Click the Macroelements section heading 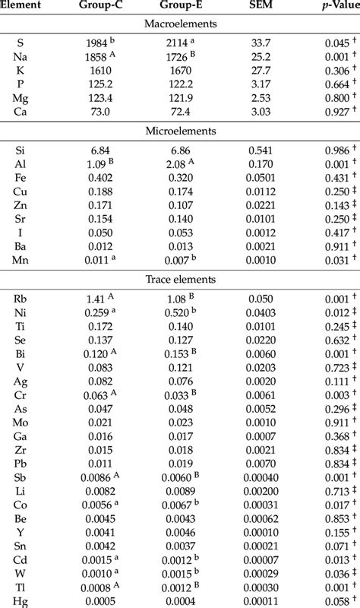180,24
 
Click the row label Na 21,56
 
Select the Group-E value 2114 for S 176,43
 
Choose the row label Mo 21,421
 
